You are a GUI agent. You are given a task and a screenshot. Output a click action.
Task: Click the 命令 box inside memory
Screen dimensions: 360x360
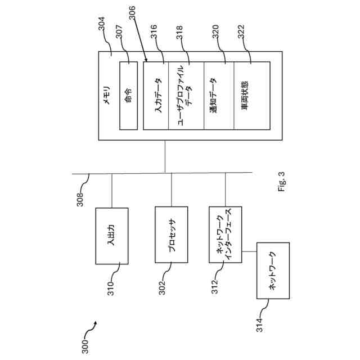click(x=128, y=96)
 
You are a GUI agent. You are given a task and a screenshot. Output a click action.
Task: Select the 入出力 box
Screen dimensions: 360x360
click(x=112, y=236)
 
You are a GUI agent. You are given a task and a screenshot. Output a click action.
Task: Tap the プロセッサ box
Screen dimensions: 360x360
click(x=172, y=236)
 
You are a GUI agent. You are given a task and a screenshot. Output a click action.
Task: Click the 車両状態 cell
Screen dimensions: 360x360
click(x=251, y=96)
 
